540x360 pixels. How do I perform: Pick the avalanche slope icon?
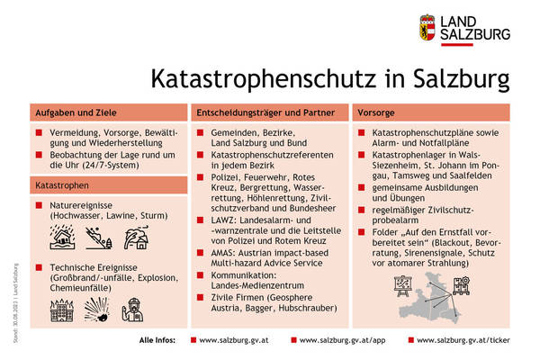(x=99, y=238)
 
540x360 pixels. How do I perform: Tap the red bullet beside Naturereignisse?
(x=40, y=206)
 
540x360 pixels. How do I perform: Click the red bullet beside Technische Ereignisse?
(x=40, y=268)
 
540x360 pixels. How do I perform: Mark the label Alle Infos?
(x=158, y=342)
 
